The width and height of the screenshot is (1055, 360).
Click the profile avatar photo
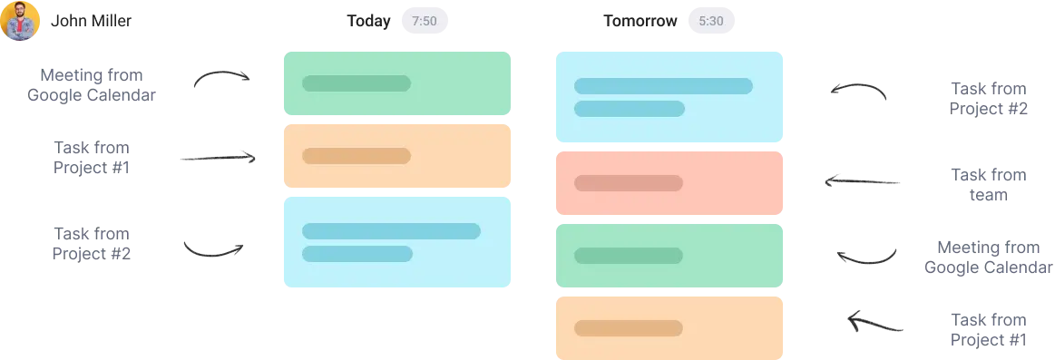[x=20, y=21]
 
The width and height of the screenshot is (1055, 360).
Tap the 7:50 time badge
[x=424, y=22]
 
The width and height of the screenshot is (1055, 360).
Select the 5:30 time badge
[x=712, y=21]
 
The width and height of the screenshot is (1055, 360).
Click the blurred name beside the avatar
[x=93, y=21]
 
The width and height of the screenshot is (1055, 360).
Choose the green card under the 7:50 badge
[x=398, y=83]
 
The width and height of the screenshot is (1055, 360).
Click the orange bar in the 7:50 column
[x=356, y=156]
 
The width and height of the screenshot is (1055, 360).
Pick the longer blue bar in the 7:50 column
[x=391, y=231]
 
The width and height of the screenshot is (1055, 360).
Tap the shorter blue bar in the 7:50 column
[x=356, y=254]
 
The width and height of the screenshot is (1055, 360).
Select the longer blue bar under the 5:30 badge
[x=663, y=86]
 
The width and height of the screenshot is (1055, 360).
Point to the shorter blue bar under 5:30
[x=629, y=109]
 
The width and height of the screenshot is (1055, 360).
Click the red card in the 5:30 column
[x=667, y=183]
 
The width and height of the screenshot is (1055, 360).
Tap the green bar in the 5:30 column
[x=628, y=256]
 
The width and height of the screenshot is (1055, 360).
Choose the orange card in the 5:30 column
[x=667, y=328]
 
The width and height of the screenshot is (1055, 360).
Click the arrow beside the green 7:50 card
[x=220, y=79]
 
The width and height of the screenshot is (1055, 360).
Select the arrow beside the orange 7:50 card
[x=218, y=159]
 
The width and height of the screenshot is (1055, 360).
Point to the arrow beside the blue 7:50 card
[x=214, y=250]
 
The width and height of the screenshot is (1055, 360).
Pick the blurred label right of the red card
[x=990, y=184]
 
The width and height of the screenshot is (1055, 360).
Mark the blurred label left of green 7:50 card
[x=90, y=83]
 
